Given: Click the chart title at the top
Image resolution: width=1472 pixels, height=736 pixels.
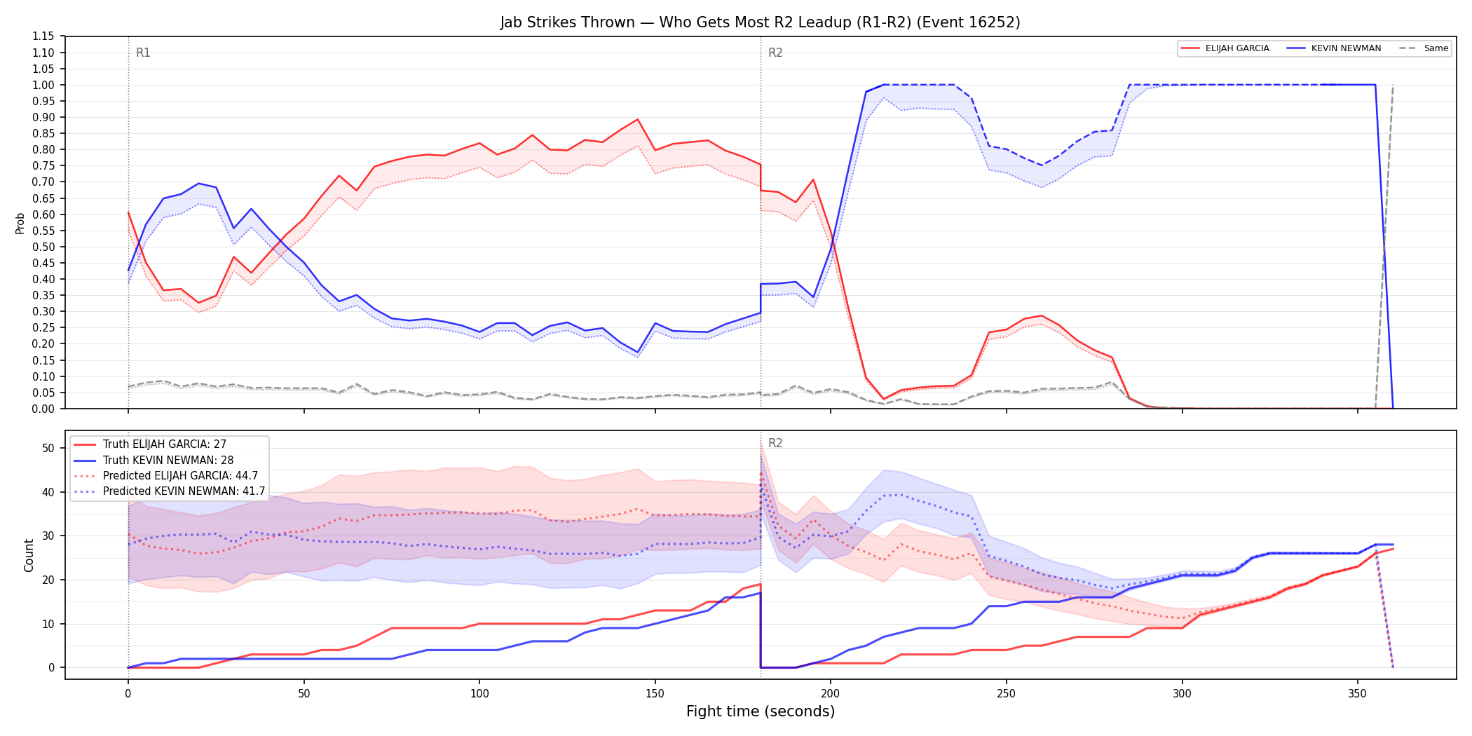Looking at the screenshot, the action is click(x=760, y=22).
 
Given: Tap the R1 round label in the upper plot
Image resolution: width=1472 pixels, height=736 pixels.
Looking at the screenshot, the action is click(x=143, y=53).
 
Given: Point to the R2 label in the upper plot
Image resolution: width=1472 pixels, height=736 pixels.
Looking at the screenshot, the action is click(x=775, y=53).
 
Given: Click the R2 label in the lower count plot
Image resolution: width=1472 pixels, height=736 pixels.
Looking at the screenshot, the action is click(x=775, y=443).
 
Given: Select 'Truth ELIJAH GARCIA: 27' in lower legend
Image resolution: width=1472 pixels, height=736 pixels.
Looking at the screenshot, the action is click(x=165, y=444).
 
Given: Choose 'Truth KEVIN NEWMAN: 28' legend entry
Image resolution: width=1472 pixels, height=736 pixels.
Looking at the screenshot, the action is click(x=168, y=460).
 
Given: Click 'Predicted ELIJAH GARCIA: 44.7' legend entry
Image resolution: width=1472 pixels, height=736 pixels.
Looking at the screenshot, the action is click(x=180, y=475).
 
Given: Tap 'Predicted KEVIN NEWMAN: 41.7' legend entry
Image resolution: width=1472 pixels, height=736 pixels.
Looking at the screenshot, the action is click(x=184, y=491).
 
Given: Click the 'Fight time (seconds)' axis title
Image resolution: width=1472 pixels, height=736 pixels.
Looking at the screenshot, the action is click(x=761, y=711).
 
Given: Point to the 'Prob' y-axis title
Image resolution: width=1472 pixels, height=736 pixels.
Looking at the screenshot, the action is click(x=20, y=223).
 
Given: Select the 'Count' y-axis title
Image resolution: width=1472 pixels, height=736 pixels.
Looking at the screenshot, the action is click(x=29, y=555).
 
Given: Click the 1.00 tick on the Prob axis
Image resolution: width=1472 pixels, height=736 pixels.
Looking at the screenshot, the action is click(x=43, y=85).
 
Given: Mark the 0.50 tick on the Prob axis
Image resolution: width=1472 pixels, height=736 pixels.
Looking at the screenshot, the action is click(x=43, y=247).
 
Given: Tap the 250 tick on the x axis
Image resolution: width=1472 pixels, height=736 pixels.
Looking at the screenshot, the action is click(x=1006, y=694).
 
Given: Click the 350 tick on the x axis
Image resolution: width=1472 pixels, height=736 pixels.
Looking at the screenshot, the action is click(x=1357, y=694).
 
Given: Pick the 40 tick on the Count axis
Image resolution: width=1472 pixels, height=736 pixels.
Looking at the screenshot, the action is click(x=48, y=492).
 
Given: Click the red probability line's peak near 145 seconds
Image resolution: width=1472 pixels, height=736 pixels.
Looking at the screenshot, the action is click(x=637, y=119).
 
